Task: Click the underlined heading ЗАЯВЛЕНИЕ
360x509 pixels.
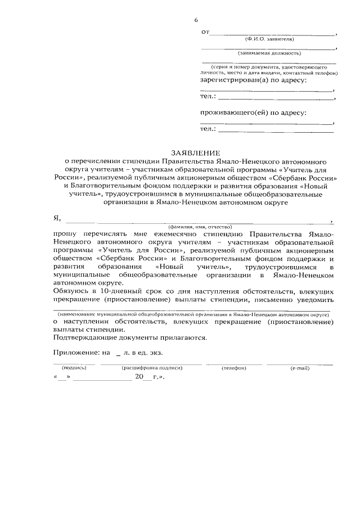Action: pyautogui.click(x=196, y=152)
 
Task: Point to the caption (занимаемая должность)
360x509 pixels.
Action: pyautogui.click(x=269, y=53)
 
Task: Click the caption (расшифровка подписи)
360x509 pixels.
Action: pyautogui.click(x=153, y=368)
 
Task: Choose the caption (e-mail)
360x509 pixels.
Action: pyautogui.click(x=299, y=368)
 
